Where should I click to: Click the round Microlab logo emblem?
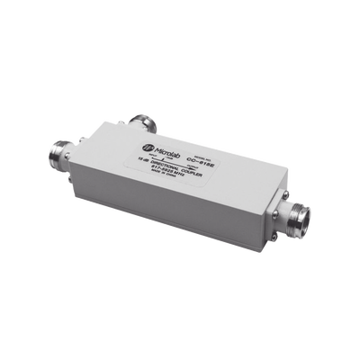pyautogui.click(x=148, y=143)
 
